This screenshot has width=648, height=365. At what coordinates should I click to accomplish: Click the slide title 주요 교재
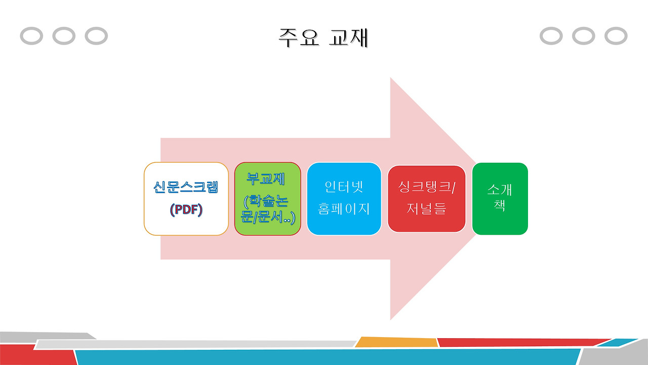coord(323,38)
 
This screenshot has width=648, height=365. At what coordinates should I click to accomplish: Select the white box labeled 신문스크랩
coord(186,199)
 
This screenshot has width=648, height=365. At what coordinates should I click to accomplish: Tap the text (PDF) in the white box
coord(186,209)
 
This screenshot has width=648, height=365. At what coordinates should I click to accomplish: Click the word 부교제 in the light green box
coord(266,178)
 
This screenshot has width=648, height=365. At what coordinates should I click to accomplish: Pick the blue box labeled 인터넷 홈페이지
coord(344,199)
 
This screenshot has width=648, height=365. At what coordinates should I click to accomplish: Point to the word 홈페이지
coord(344,209)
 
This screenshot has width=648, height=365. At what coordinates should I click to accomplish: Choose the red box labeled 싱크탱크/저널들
coord(426,199)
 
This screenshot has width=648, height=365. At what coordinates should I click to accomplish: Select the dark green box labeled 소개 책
coord(500,199)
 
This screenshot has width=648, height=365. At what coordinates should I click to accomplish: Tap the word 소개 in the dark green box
coord(500,190)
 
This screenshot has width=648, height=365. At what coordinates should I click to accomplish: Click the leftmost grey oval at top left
coord(31,36)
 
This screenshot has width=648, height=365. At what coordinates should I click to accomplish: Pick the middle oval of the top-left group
coord(64,36)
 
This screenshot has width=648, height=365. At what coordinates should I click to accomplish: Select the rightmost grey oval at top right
coord(616,36)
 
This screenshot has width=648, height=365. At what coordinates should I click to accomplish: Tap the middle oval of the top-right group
coord(583,36)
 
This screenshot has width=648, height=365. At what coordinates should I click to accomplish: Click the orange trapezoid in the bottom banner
coord(396,342)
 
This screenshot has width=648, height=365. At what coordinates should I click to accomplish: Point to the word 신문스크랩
coord(186,187)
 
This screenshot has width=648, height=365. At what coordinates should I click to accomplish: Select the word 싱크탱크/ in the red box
coord(426,187)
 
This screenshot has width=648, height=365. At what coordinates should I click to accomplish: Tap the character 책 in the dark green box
coord(500,206)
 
